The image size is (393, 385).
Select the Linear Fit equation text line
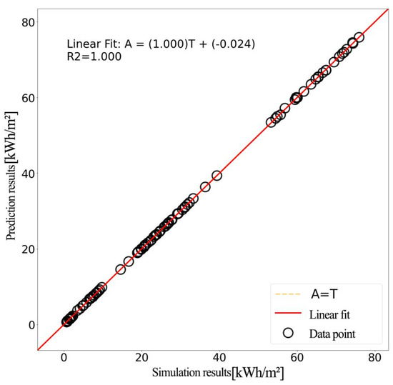click(x=161, y=45)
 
